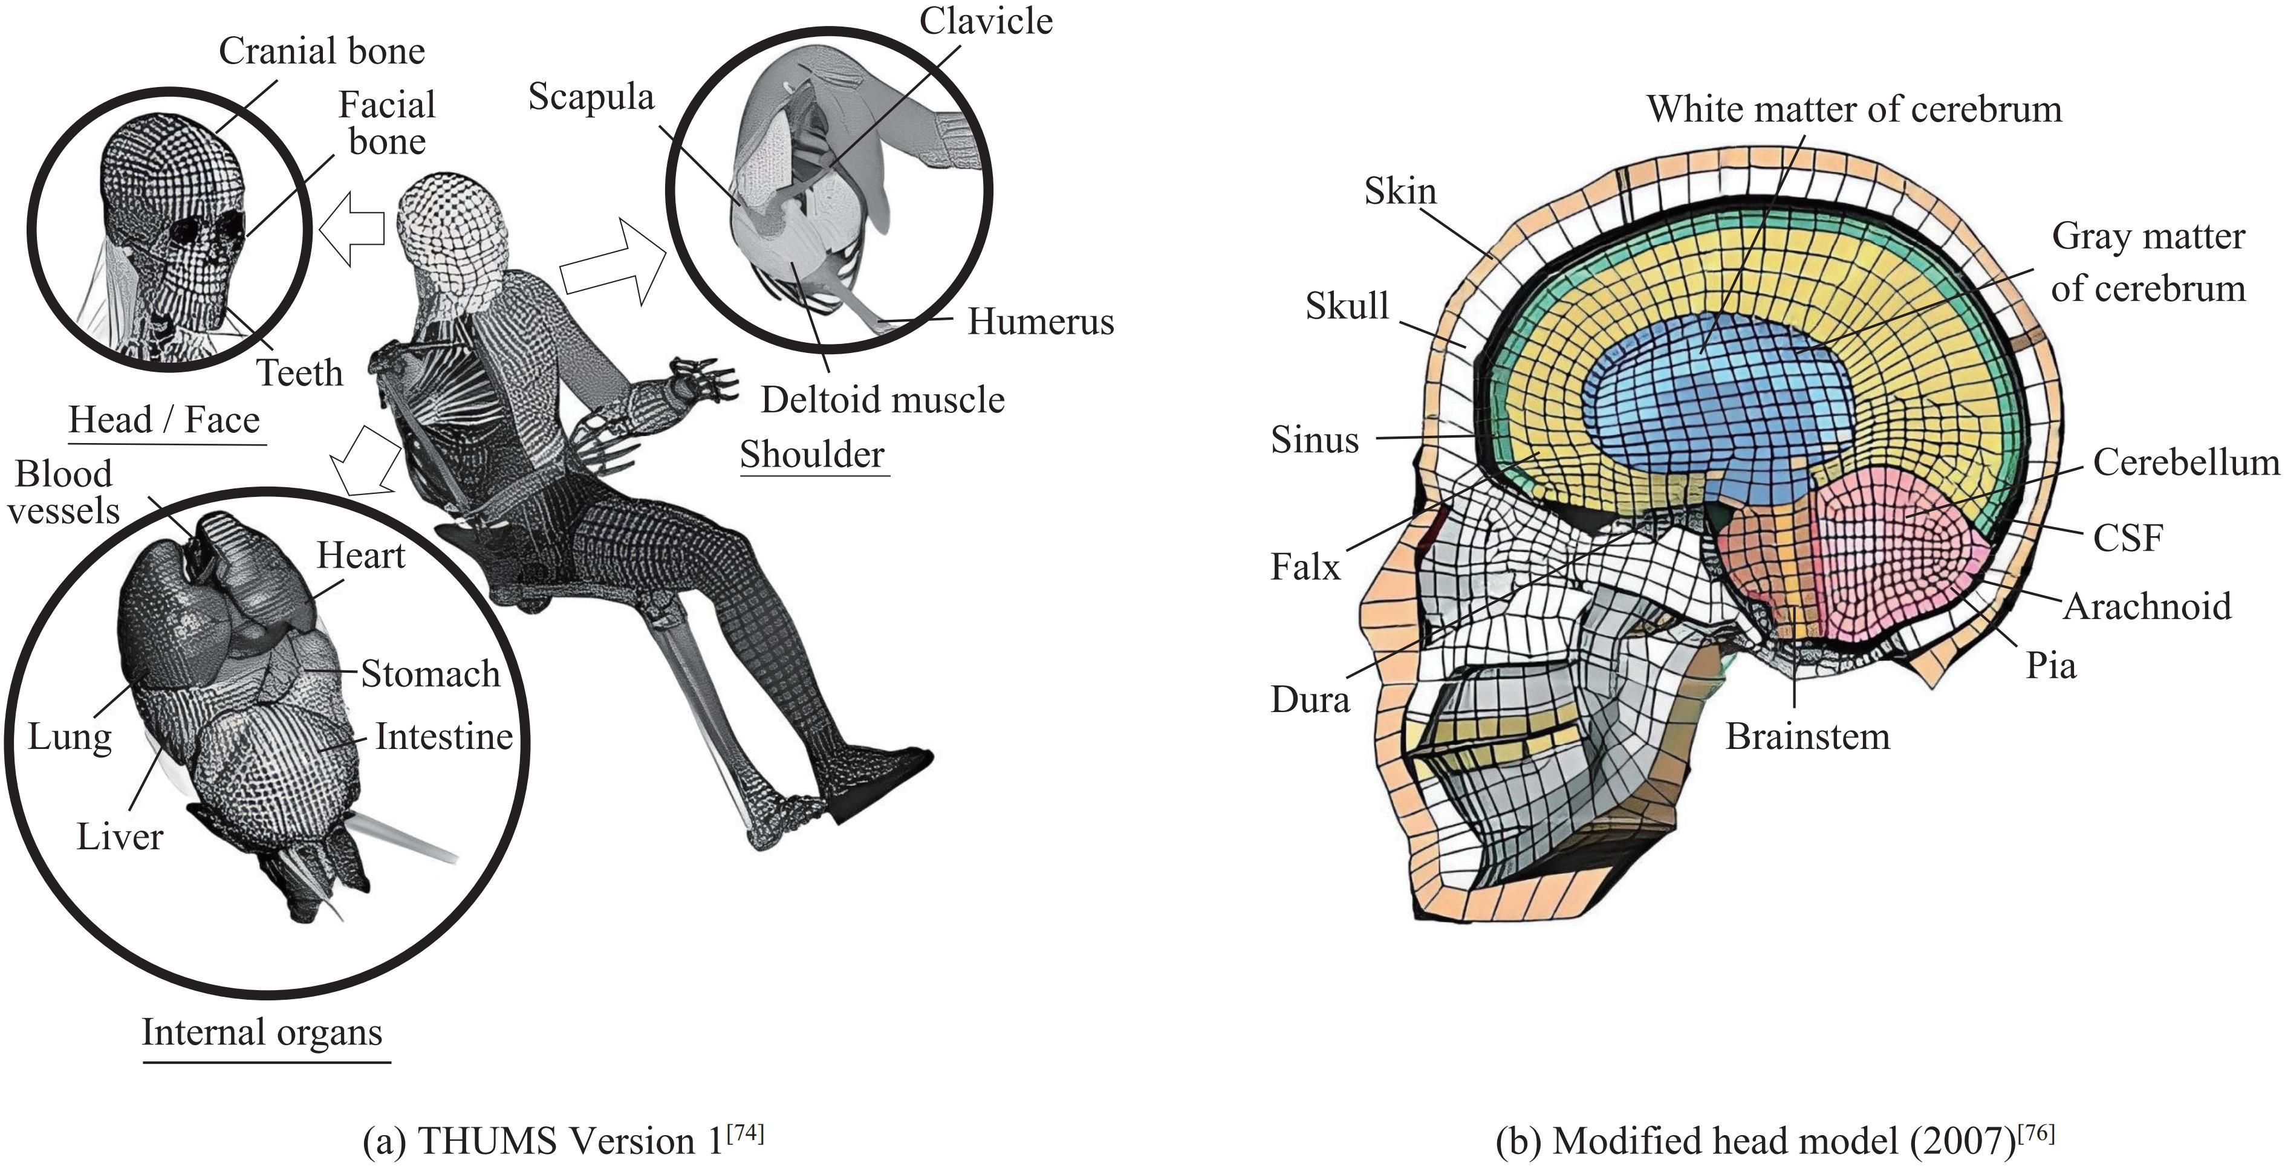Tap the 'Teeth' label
(x=300, y=374)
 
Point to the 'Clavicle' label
(x=986, y=21)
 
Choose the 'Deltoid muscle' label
(x=883, y=400)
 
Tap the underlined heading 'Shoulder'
(x=813, y=455)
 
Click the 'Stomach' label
(x=430, y=674)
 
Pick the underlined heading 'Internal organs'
(x=262, y=1032)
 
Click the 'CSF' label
(x=2128, y=537)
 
